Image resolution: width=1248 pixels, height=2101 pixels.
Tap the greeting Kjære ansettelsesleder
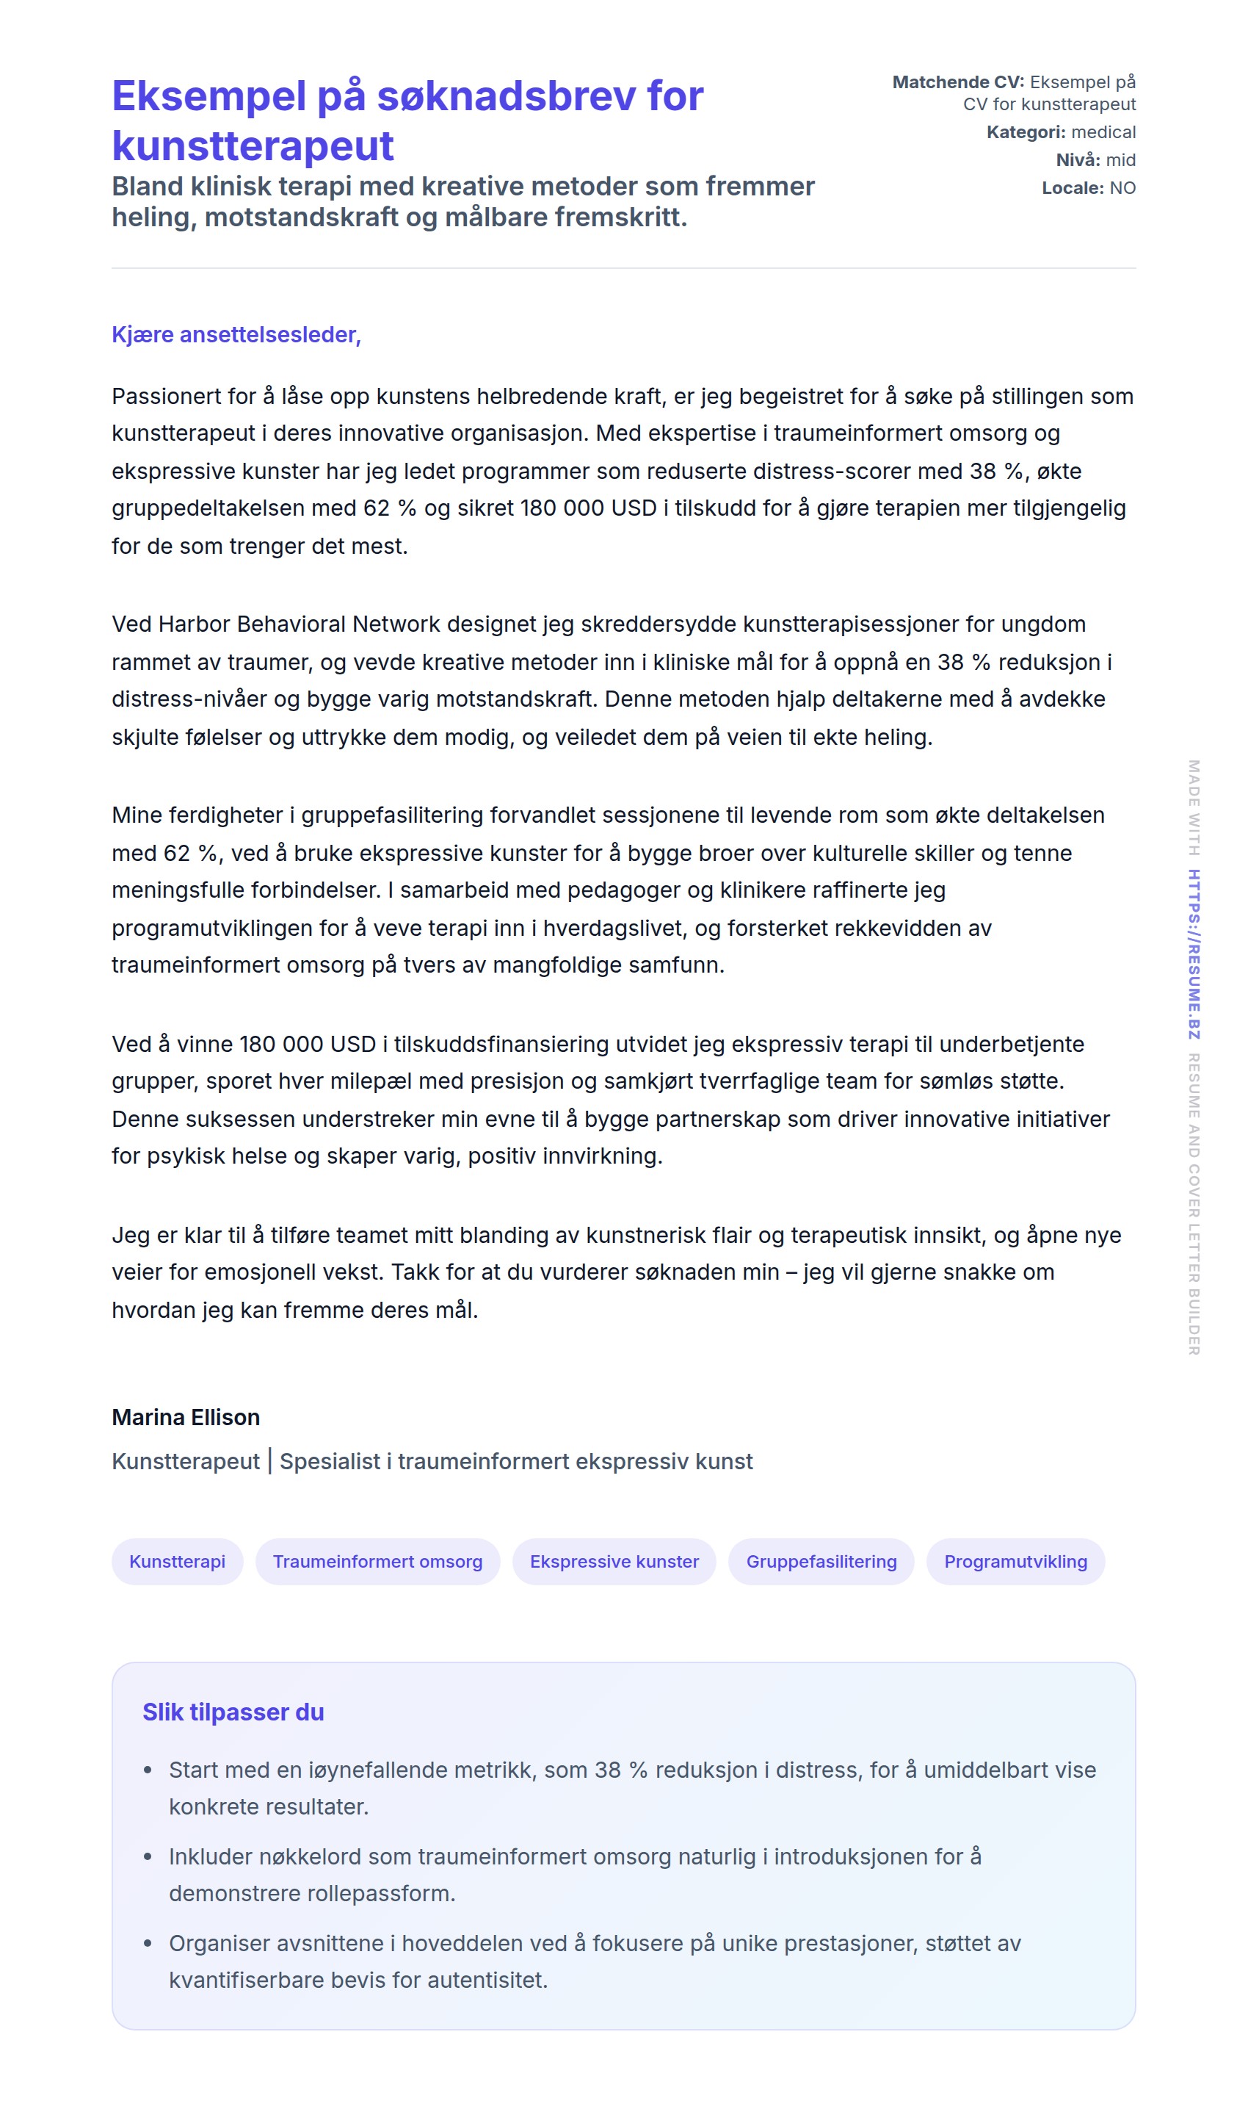pos(236,335)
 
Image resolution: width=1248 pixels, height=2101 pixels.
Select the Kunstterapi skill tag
pos(178,1562)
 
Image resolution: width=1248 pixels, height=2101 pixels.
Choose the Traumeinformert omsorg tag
pos(377,1562)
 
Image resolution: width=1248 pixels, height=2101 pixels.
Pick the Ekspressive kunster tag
pos(614,1562)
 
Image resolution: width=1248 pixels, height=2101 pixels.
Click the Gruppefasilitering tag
pos(821,1562)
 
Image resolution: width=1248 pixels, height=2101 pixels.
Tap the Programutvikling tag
pos(1015,1562)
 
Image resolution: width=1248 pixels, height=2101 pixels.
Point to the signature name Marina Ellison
pos(186,1417)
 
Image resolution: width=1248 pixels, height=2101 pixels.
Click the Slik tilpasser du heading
pos(233,1712)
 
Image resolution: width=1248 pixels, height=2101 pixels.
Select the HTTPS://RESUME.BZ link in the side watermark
pos(1194,954)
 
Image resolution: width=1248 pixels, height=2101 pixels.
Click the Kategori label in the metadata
pos(1025,132)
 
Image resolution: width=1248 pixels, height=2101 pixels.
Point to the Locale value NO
pos(1122,187)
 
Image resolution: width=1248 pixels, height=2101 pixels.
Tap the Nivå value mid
pos(1120,160)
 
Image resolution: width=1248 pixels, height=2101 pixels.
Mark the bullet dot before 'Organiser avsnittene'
pos(148,1944)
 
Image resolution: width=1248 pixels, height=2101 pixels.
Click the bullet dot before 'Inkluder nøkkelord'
pos(148,1857)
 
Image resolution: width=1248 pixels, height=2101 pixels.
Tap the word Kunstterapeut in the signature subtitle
pos(186,1462)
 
